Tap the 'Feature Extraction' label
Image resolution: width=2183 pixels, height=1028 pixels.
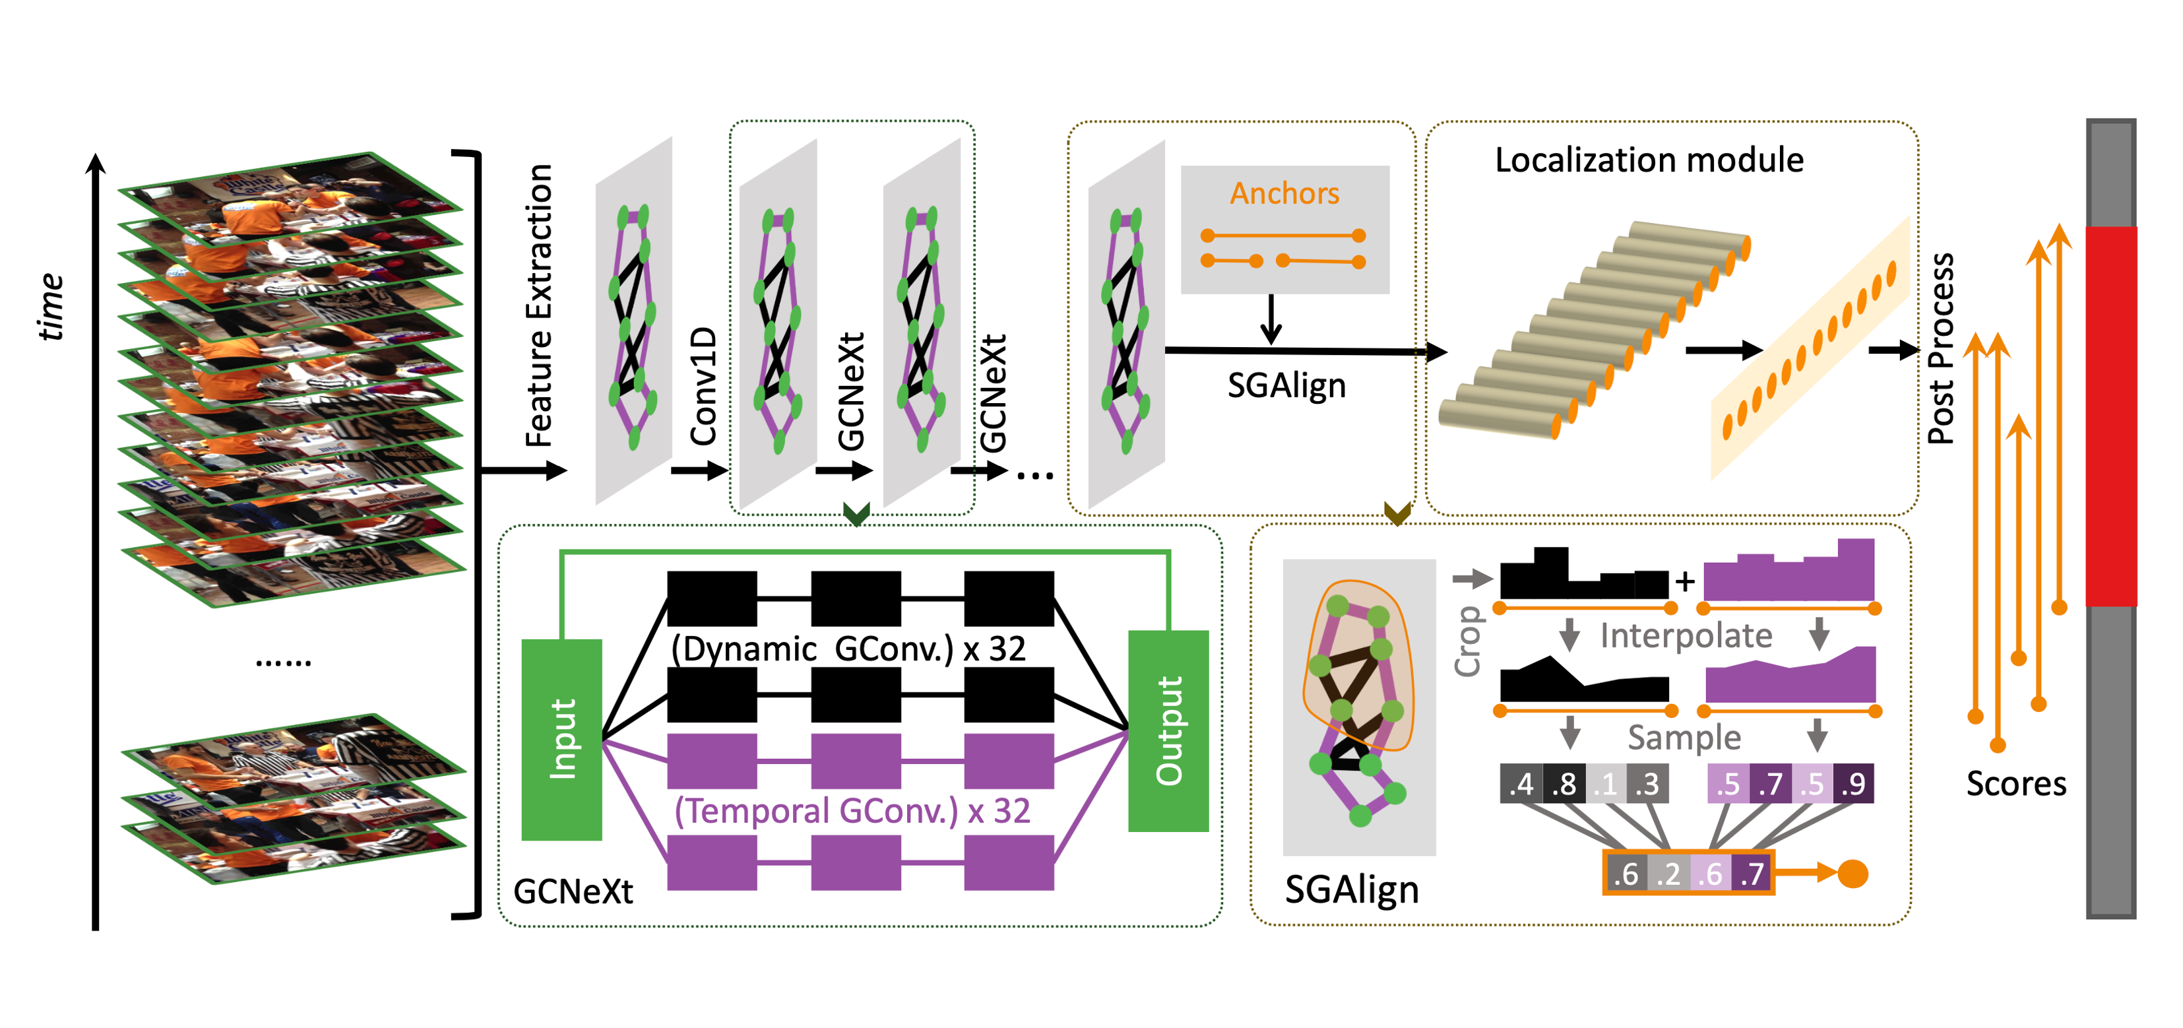coord(539,305)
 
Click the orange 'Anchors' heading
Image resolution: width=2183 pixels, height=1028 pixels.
coord(1284,193)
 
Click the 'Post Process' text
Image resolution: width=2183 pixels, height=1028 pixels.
coord(1941,349)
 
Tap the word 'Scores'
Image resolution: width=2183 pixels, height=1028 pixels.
coord(2016,784)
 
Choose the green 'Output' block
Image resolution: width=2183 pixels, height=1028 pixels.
coord(1168,730)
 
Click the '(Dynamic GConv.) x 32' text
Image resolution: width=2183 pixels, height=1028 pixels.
coord(848,649)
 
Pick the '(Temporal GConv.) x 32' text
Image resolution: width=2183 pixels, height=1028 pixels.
coord(852,811)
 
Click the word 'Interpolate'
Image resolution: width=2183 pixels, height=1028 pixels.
coord(1686,635)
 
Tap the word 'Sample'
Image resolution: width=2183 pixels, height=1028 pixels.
coord(1684,737)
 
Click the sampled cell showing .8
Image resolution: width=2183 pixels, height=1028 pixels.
coord(1564,784)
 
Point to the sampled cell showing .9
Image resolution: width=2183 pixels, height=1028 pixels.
coord(1853,784)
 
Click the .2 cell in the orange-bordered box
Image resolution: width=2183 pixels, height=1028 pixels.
coord(1668,874)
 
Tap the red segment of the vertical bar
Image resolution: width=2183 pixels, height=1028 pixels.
coord(2111,415)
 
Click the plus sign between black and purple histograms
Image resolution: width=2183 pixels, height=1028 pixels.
coord(1685,581)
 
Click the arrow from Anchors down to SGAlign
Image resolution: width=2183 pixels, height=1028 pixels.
coord(1271,321)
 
